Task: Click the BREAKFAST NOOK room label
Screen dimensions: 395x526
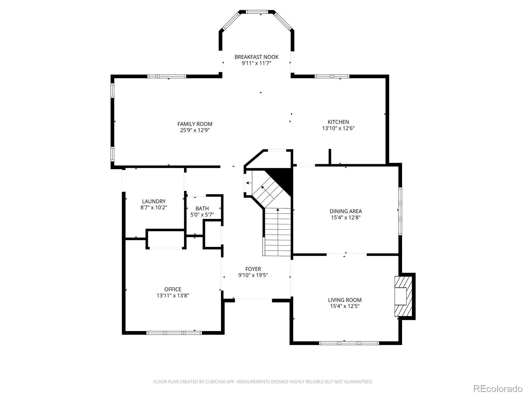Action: click(x=256, y=57)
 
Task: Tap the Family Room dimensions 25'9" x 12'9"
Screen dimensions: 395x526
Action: click(x=195, y=130)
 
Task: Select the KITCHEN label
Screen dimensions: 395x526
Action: click(x=338, y=122)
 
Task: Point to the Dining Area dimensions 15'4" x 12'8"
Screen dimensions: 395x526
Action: click(x=346, y=218)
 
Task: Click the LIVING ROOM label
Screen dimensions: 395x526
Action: click(x=345, y=300)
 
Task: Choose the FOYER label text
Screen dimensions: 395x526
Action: click(x=253, y=269)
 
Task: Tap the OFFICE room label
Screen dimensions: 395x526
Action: click(x=173, y=289)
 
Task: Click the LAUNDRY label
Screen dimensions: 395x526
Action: click(x=154, y=201)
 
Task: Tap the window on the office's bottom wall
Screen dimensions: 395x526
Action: click(x=174, y=333)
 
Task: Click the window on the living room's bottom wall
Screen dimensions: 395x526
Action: click(x=349, y=343)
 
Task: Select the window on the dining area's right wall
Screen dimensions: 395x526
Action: click(x=400, y=211)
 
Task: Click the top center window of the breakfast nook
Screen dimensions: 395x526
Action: click(x=257, y=12)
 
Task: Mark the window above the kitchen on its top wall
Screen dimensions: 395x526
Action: click(x=331, y=76)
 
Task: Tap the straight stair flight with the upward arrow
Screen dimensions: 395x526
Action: click(x=278, y=232)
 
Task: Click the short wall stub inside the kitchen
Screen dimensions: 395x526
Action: click(x=330, y=157)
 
